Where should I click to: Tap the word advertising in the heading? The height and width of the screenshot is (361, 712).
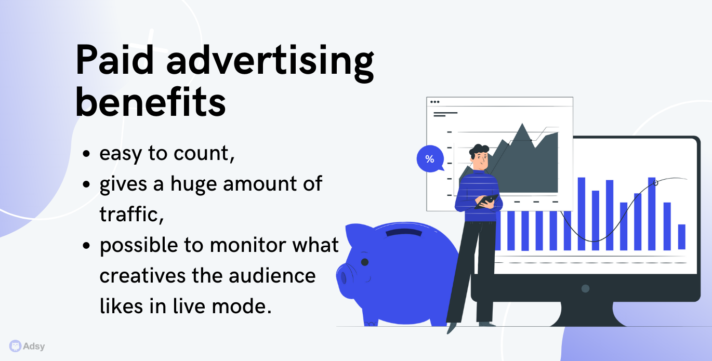coord(270,63)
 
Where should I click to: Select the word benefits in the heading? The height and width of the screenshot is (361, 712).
coord(150,102)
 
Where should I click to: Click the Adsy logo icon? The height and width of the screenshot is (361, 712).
coord(15,346)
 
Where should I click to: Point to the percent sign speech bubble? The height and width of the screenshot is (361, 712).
coord(430,158)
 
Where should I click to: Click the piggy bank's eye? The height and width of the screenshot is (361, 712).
coord(365,262)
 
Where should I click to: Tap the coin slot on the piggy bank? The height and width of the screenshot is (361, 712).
coord(404,232)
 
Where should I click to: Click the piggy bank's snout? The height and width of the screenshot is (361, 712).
coord(344,277)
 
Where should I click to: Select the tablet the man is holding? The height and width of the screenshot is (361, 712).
coord(486,201)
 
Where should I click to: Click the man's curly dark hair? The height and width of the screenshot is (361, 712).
coord(479,151)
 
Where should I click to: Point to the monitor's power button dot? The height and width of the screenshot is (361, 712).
coord(585,289)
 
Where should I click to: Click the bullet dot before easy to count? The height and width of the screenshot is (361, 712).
coord(86,154)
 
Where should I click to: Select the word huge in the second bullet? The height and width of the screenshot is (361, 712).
coord(193,184)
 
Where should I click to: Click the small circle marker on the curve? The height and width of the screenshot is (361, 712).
coord(655,183)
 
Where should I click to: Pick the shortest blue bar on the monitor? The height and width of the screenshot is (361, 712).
coord(681,237)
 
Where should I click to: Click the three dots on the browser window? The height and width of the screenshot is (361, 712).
coord(434,102)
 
